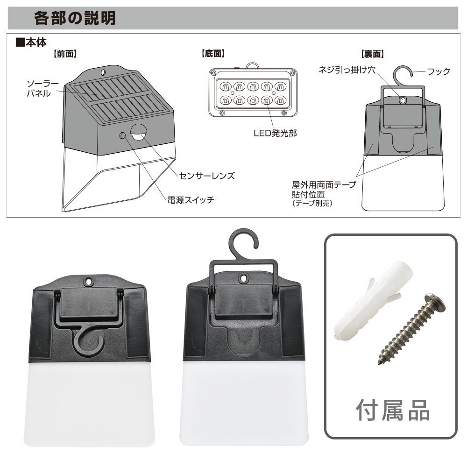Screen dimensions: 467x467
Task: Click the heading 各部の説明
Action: pos(75,18)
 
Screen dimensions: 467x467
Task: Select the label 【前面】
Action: pos(65,54)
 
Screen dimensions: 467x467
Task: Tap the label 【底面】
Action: pos(213,54)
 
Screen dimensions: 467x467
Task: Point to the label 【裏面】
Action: pos(373,54)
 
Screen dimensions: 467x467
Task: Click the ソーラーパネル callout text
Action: pos(42,88)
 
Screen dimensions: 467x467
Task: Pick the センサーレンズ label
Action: pos(207,176)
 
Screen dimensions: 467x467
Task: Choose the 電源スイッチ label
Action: pos(191,199)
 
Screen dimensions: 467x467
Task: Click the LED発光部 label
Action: pos(275,133)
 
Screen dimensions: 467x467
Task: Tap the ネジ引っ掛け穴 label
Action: pos(347,70)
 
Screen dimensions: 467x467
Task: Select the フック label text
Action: pos(439,71)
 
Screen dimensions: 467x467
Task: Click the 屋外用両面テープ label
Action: pos(324,184)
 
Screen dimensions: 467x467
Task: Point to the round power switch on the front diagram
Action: pos(122,136)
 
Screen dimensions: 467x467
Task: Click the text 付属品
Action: pos(393,410)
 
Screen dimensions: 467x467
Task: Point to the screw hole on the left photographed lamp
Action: pos(88,281)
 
